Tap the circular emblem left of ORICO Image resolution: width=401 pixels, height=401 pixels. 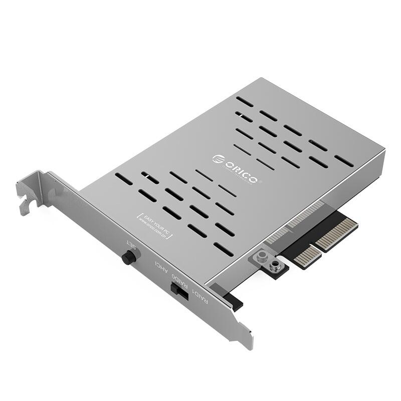[x=217, y=158]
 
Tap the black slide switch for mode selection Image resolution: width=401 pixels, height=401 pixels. [x=179, y=290]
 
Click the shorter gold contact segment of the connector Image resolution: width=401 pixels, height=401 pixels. [x=307, y=256]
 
